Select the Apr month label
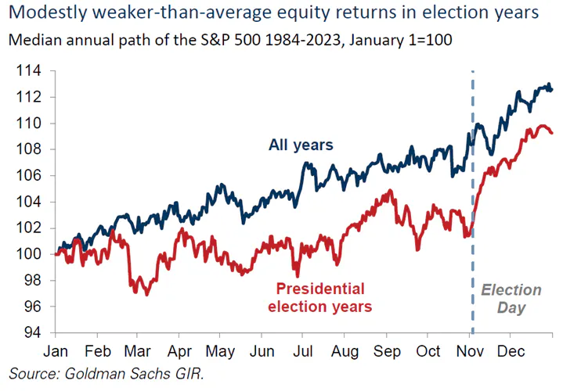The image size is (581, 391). tap(179, 351)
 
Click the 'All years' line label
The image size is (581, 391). tap(301, 145)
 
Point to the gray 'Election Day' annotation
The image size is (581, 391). tap(510, 299)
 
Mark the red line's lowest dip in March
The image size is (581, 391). tap(146, 294)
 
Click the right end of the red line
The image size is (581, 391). tap(553, 133)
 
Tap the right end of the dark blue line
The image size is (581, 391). tap(553, 89)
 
